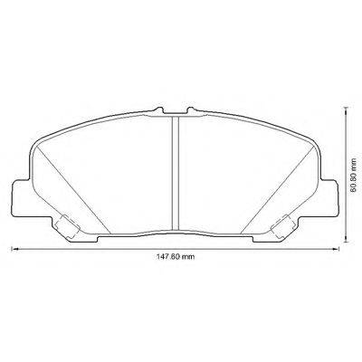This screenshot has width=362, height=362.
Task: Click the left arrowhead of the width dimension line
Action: pyautogui.click(x=13, y=249)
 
